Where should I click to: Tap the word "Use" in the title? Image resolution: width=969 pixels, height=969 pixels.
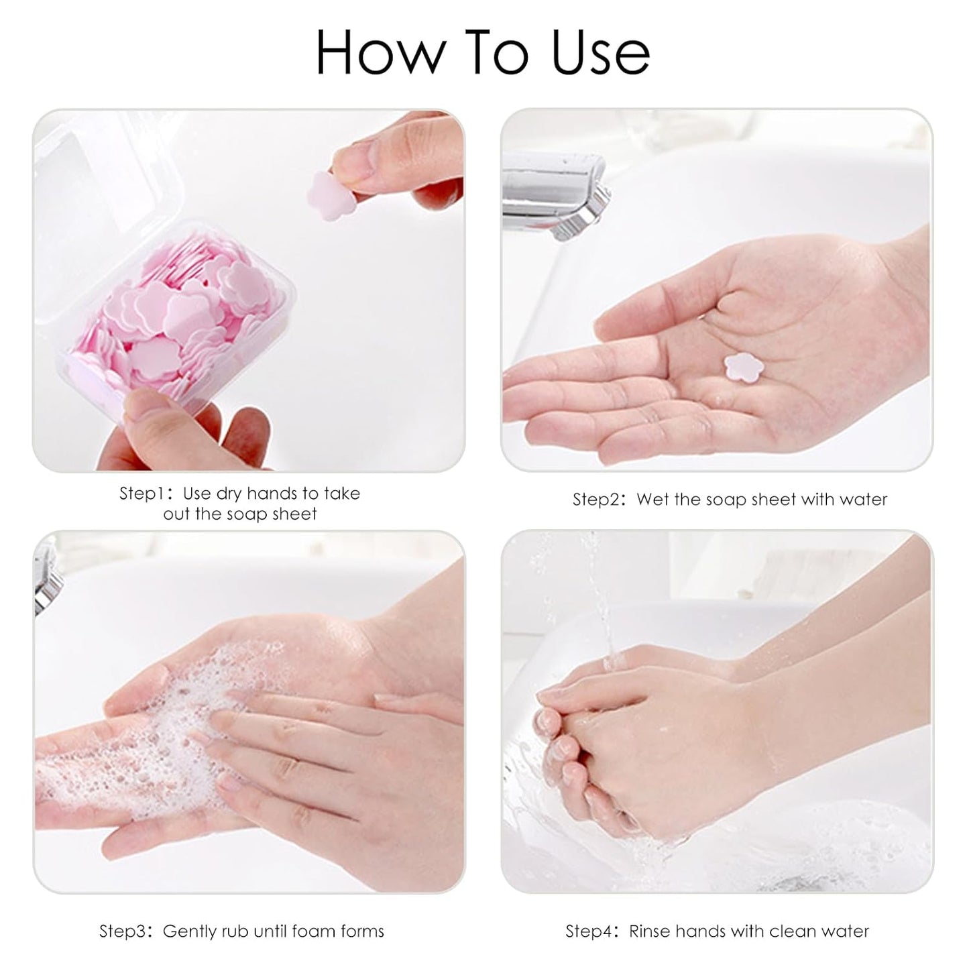tap(600, 52)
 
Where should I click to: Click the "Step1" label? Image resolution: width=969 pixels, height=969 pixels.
tap(141, 494)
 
